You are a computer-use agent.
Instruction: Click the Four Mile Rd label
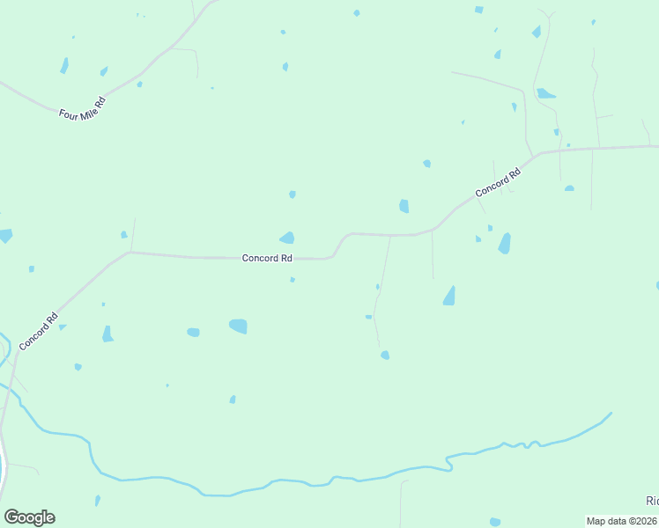(x=82, y=108)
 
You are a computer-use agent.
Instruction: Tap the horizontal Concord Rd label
(x=267, y=258)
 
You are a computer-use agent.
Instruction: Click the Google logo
(x=29, y=517)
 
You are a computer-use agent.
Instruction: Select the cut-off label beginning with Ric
(x=652, y=501)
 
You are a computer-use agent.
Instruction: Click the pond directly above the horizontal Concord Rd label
(x=287, y=238)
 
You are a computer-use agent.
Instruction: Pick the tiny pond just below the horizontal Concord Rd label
(x=292, y=280)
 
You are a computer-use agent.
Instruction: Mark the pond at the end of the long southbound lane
(x=385, y=355)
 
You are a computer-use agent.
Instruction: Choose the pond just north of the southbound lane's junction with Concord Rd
(x=404, y=206)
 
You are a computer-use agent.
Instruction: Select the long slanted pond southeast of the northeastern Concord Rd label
(x=505, y=243)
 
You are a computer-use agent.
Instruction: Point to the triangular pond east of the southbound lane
(x=449, y=296)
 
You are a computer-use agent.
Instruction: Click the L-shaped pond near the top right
(x=545, y=93)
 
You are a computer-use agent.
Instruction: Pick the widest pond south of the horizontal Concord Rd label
(x=238, y=326)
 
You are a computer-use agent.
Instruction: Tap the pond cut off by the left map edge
(x=5, y=235)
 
